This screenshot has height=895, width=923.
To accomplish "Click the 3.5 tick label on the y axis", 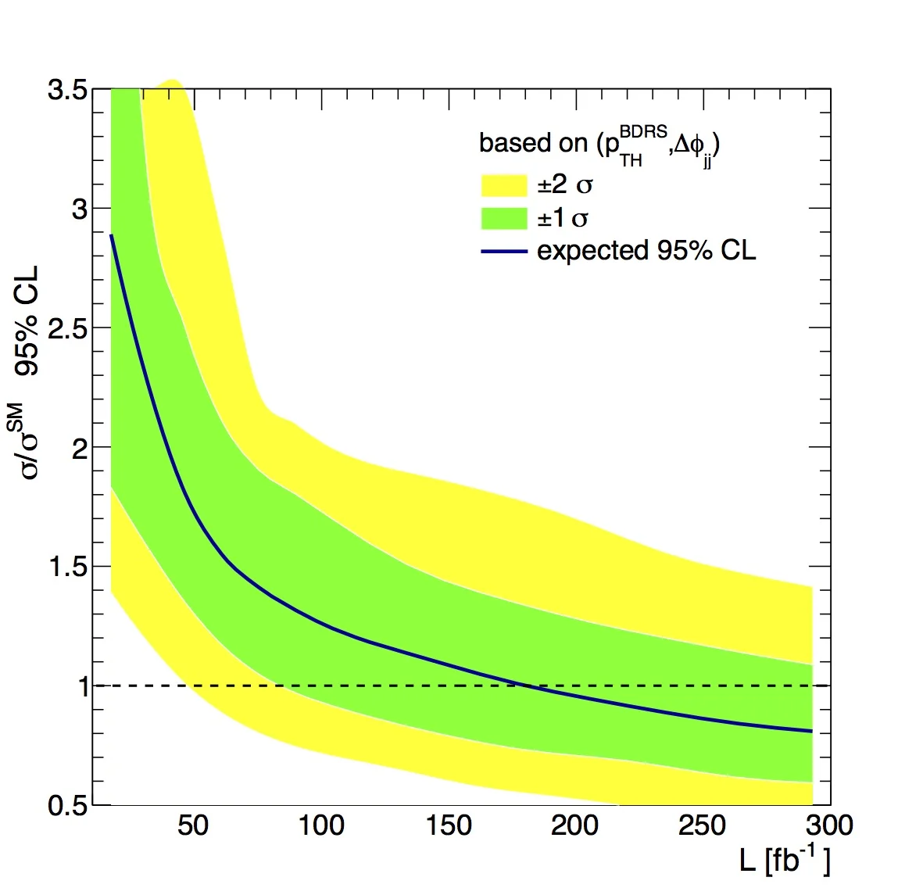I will tap(66, 90).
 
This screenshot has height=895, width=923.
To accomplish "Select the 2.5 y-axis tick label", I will tap(66, 328).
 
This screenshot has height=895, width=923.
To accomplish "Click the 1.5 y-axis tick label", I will tap(66, 567).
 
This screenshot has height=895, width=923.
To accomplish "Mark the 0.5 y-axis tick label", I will tap(66, 806).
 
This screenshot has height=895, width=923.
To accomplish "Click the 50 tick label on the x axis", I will tap(193, 825).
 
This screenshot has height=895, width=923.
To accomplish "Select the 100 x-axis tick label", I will tap(321, 825).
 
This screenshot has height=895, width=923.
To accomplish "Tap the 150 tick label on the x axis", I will tap(449, 825).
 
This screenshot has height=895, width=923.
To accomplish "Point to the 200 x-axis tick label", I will tap(575, 825).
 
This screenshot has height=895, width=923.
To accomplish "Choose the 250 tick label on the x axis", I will tap(703, 825).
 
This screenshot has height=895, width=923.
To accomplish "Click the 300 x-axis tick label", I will tap(828, 825).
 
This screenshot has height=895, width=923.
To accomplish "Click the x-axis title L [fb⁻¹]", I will tap(784, 860).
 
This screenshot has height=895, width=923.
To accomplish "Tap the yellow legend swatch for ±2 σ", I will tap(503, 185).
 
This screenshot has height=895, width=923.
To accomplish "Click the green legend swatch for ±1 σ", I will tap(503, 218).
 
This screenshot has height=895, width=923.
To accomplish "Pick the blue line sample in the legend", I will tap(503, 251).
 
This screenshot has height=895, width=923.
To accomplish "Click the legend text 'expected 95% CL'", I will tap(646, 251).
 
